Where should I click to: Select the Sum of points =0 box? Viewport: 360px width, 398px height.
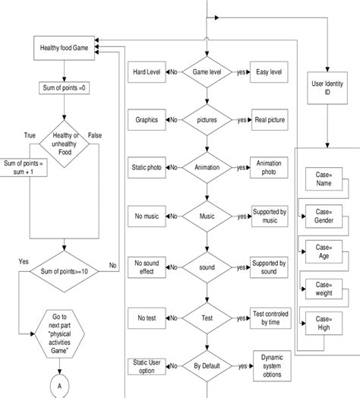(65, 88)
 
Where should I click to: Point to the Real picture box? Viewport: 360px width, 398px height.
(270, 120)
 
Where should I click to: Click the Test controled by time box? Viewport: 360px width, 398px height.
(270, 317)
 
